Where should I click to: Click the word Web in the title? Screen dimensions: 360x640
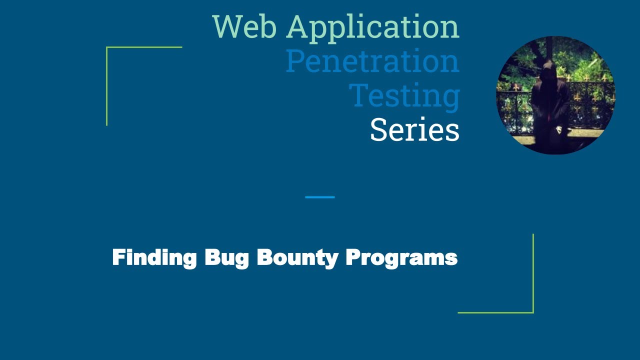pos(244,27)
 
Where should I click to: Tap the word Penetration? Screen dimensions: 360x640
pos(372,61)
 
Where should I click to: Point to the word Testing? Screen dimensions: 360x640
pos(404,96)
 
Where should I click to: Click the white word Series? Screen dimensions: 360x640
pos(414,129)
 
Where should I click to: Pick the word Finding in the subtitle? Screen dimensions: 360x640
pos(154,258)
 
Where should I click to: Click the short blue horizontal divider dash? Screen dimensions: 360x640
pos(320,197)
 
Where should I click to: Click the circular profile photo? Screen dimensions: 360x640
pos(555,95)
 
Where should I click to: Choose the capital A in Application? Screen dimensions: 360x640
pos(299,27)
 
